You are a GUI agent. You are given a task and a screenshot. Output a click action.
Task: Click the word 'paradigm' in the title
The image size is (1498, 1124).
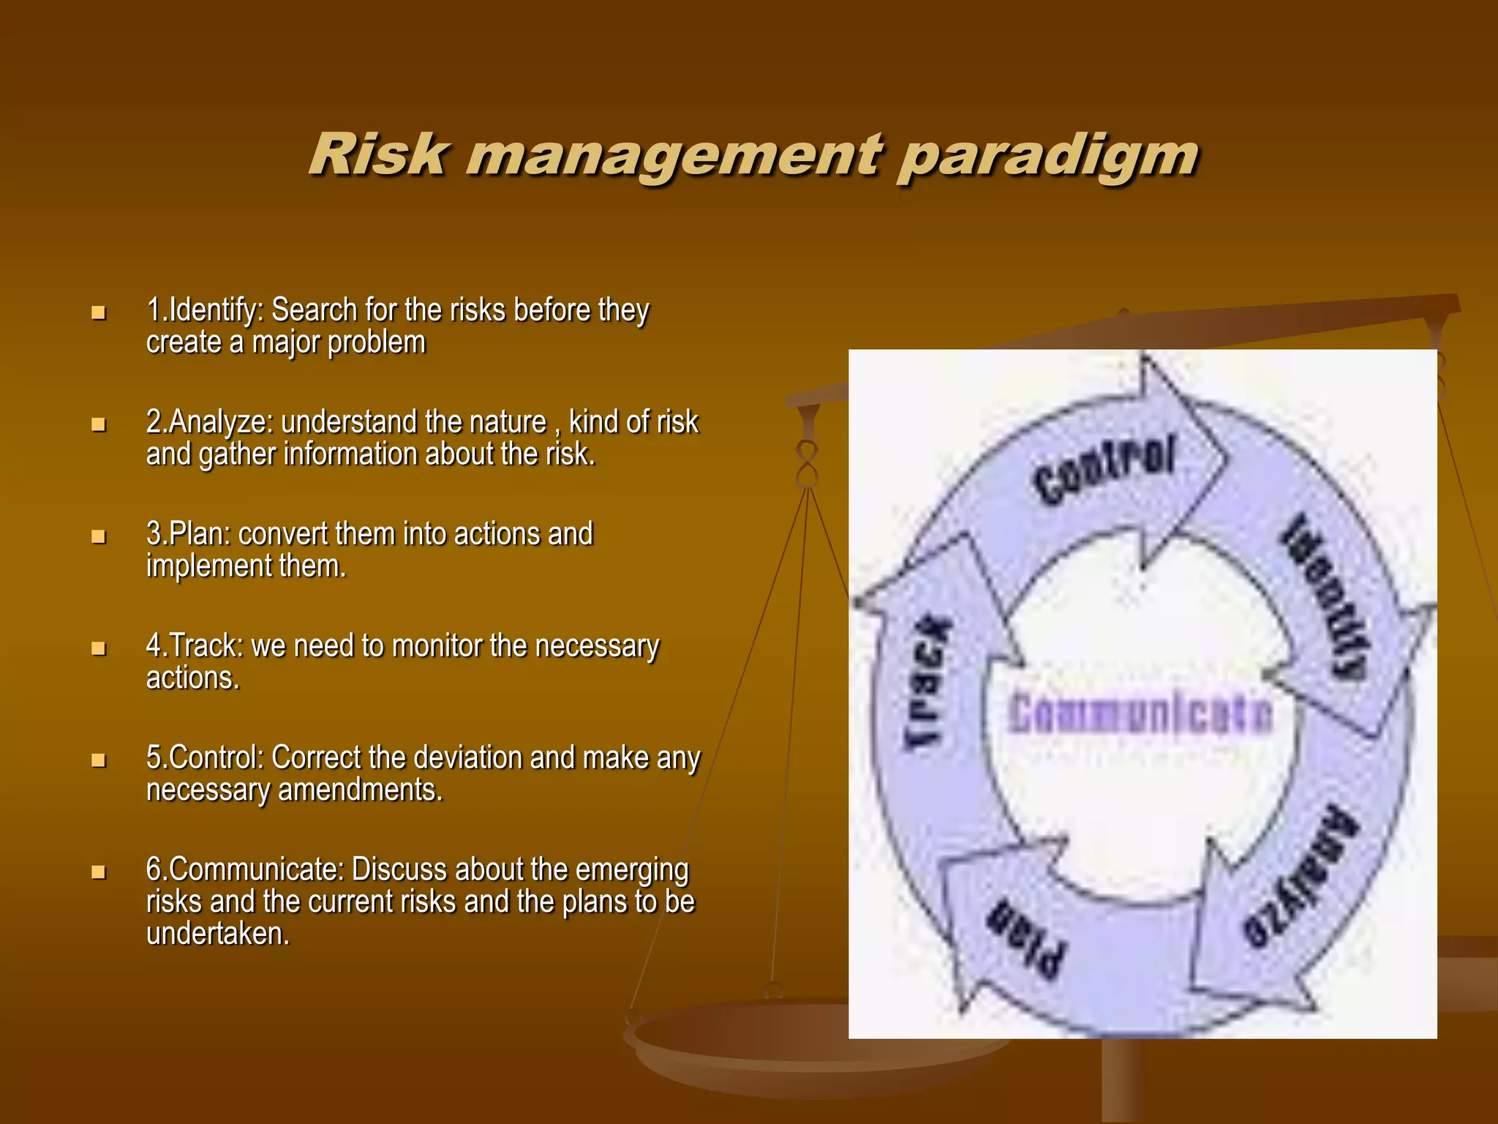(1047, 156)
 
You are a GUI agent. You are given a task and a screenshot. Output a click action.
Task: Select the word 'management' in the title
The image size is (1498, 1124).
(673, 156)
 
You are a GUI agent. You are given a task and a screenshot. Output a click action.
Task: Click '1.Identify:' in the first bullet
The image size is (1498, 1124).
(204, 311)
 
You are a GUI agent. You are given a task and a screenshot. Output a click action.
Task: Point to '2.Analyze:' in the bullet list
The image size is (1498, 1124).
(209, 423)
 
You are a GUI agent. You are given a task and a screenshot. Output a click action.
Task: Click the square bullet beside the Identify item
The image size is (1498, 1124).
(98, 313)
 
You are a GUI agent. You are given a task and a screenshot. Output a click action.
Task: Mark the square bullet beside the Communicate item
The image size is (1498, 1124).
(98, 872)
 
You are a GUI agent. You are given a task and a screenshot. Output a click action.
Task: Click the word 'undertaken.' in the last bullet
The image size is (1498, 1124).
(218, 934)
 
